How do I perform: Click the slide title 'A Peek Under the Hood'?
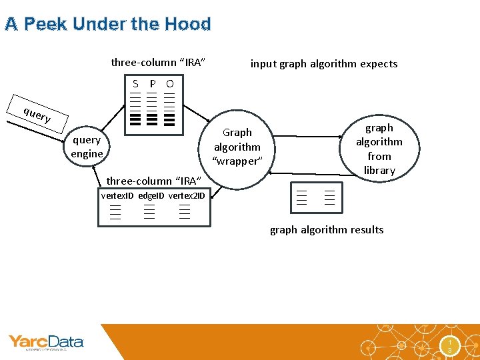(107, 25)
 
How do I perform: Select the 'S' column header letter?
(135, 84)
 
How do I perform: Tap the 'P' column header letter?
(153, 84)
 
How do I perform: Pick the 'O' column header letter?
(169, 84)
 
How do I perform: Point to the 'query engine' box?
(87, 147)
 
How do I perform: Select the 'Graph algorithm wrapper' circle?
(237, 147)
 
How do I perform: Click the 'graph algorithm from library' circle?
(379, 149)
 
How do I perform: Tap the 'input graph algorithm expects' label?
(323, 64)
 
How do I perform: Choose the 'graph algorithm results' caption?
(327, 230)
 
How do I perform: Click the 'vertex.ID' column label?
(117, 195)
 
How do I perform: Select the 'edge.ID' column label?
(151, 195)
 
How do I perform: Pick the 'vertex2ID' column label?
(187, 195)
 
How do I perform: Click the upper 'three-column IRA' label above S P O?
(157, 63)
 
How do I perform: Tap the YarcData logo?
(45, 343)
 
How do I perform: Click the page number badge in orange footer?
(451, 345)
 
